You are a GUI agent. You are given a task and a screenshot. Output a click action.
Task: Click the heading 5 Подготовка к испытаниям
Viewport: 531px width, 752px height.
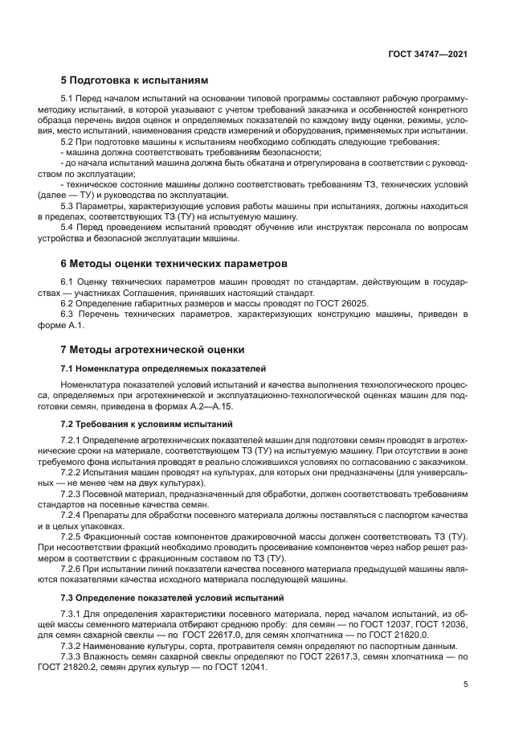pos(134,80)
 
